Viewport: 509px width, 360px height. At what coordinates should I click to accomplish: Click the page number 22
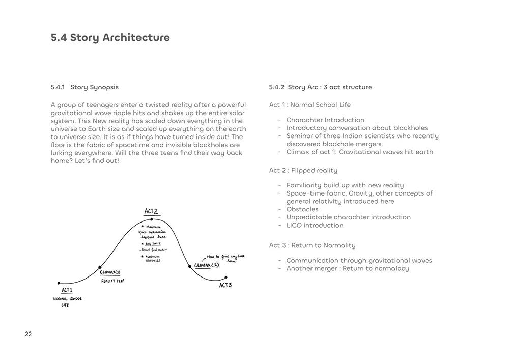(28, 334)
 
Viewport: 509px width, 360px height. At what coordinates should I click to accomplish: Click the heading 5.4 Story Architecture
(110, 38)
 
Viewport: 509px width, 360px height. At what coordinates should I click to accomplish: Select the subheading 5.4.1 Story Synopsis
(84, 87)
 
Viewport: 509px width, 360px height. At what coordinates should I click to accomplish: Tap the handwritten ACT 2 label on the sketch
(151, 212)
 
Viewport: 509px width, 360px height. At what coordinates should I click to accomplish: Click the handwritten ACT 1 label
(67, 290)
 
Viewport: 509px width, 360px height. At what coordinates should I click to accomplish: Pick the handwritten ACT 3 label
(225, 285)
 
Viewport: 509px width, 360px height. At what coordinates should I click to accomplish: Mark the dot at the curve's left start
(59, 283)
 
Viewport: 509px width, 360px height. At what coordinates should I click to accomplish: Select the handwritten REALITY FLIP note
(112, 281)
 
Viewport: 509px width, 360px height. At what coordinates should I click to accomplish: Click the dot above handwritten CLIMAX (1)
(99, 267)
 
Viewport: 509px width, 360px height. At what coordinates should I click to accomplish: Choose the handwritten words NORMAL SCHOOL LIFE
(67, 301)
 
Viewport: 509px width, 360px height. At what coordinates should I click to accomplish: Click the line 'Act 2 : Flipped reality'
(303, 170)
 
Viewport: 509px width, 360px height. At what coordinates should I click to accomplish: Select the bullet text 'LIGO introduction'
(315, 225)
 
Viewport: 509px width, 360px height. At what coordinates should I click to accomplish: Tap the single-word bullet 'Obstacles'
(302, 209)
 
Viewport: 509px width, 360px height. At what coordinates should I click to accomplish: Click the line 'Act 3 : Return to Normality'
(312, 245)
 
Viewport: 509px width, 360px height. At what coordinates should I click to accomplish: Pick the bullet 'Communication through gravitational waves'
(359, 260)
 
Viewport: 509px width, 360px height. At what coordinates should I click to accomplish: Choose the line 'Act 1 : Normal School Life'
(309, 105)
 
